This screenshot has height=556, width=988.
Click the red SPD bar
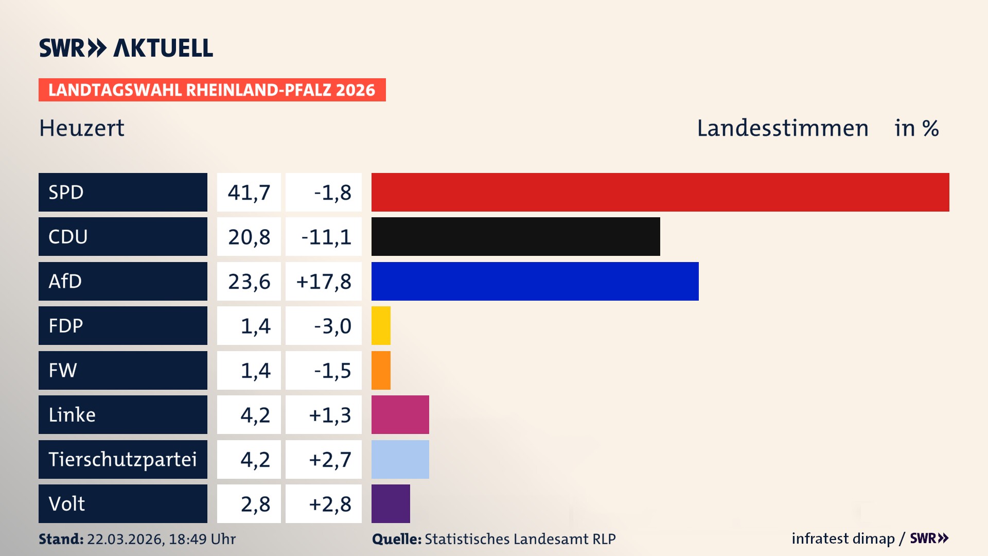[x=660, y=192]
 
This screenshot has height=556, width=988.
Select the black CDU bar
[x=516, y=237]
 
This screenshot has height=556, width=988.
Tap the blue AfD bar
[x=535, y=281]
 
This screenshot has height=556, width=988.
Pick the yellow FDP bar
[x=381, y=326]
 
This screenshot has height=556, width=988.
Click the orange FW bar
[x=381, y=370]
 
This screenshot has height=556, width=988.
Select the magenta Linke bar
[x=400, y=415]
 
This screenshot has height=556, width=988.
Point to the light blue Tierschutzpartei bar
[x=400, y=459]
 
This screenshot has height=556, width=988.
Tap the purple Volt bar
[x=391, y=503]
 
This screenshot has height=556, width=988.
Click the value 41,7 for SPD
[x=249, y=193]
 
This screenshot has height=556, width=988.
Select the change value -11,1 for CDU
[x=326, y=237]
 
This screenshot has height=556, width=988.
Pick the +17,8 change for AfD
[x=324, y=282]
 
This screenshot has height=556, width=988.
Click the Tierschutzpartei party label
[x=122, y=459]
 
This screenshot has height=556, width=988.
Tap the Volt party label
[x=67, y=503]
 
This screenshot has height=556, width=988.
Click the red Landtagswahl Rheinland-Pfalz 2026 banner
[x=212, y=90]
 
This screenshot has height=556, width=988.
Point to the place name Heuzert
[x=82, y=128]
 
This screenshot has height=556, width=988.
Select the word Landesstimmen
[x=782, y=128]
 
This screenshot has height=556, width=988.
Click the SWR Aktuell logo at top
[x=126, y=48]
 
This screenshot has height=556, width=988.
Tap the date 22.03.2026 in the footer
[x=125, y=539]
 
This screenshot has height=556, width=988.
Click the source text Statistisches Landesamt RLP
[x=520, y=539]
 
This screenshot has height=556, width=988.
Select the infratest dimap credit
[x=843, y=538]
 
